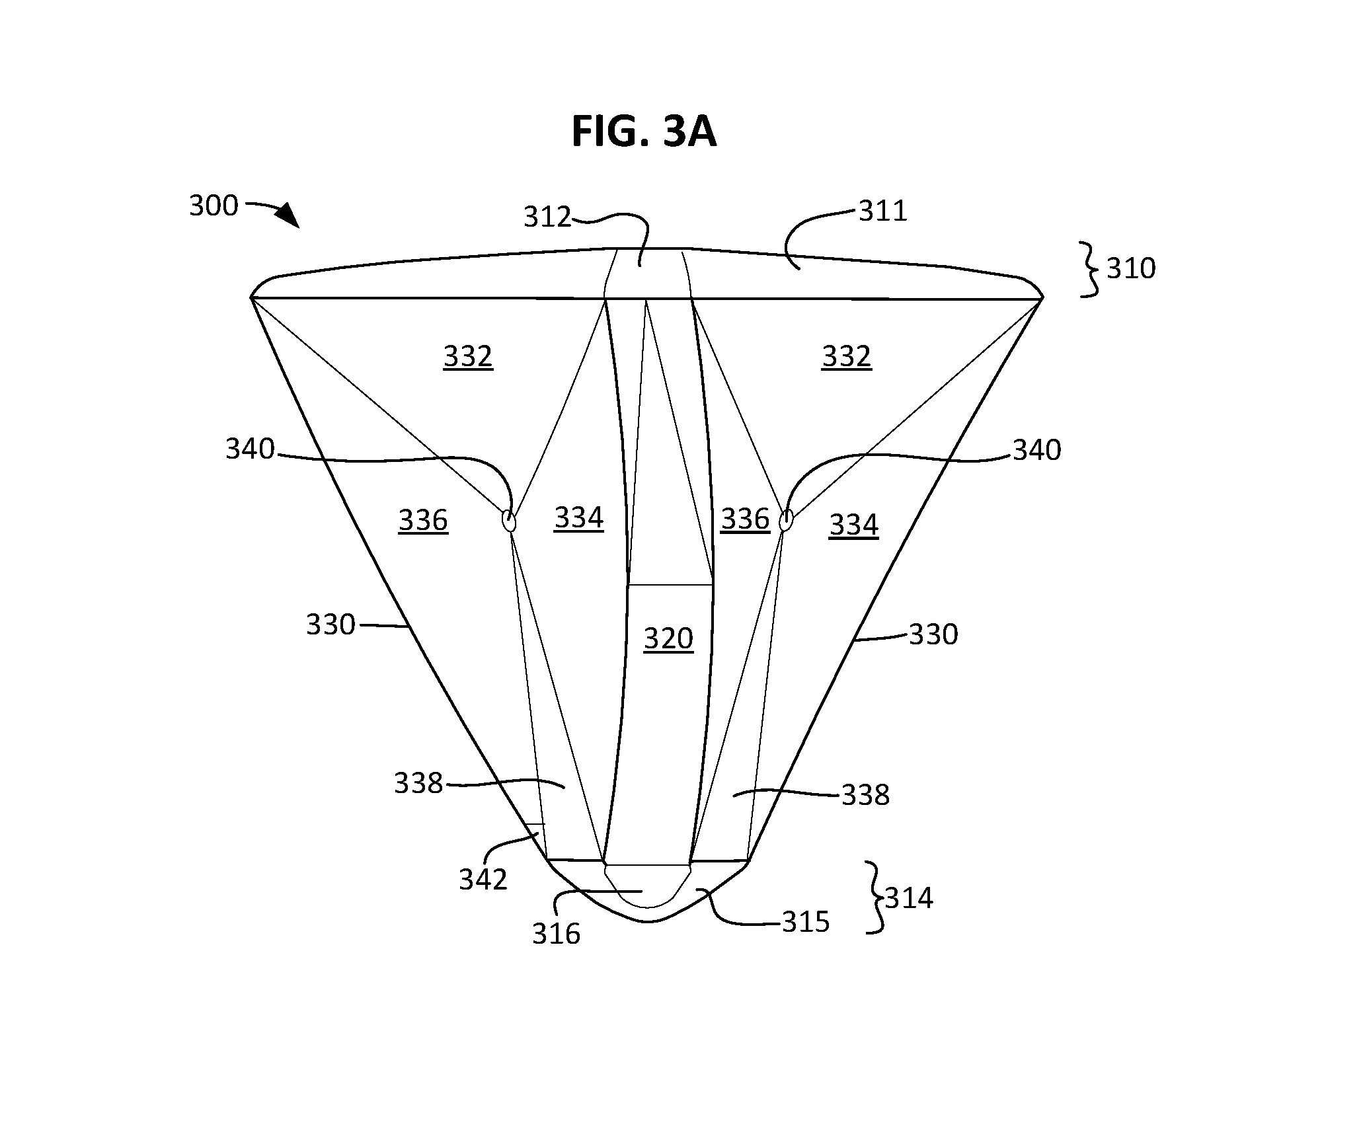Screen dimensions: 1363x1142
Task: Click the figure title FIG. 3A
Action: point(644,131)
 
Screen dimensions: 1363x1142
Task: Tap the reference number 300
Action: point(214,206)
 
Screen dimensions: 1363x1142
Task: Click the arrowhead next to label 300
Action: point(288,215)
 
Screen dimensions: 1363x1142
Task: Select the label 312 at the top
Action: point(547,217)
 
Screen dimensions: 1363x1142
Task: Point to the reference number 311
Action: point(883,211)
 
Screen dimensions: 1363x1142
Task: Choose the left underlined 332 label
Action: point(468,357)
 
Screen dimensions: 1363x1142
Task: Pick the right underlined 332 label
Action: point(847,357)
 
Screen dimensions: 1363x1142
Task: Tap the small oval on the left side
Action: point(509,521)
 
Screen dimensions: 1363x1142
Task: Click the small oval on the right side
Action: point(785,521)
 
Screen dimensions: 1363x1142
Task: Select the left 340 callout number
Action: point(250,449)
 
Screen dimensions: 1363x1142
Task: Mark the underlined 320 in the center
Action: point(668,639)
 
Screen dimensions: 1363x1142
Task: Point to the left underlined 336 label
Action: point(423,521)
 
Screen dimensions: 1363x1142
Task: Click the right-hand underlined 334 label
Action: point(853,525)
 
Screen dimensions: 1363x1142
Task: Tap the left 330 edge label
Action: point(331,625)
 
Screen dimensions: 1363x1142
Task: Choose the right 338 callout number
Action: point(865,795)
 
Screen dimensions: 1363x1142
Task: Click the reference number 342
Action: point(483,880)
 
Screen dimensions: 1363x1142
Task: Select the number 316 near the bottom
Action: point(556,934)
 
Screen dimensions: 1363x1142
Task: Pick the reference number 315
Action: point(806,922)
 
